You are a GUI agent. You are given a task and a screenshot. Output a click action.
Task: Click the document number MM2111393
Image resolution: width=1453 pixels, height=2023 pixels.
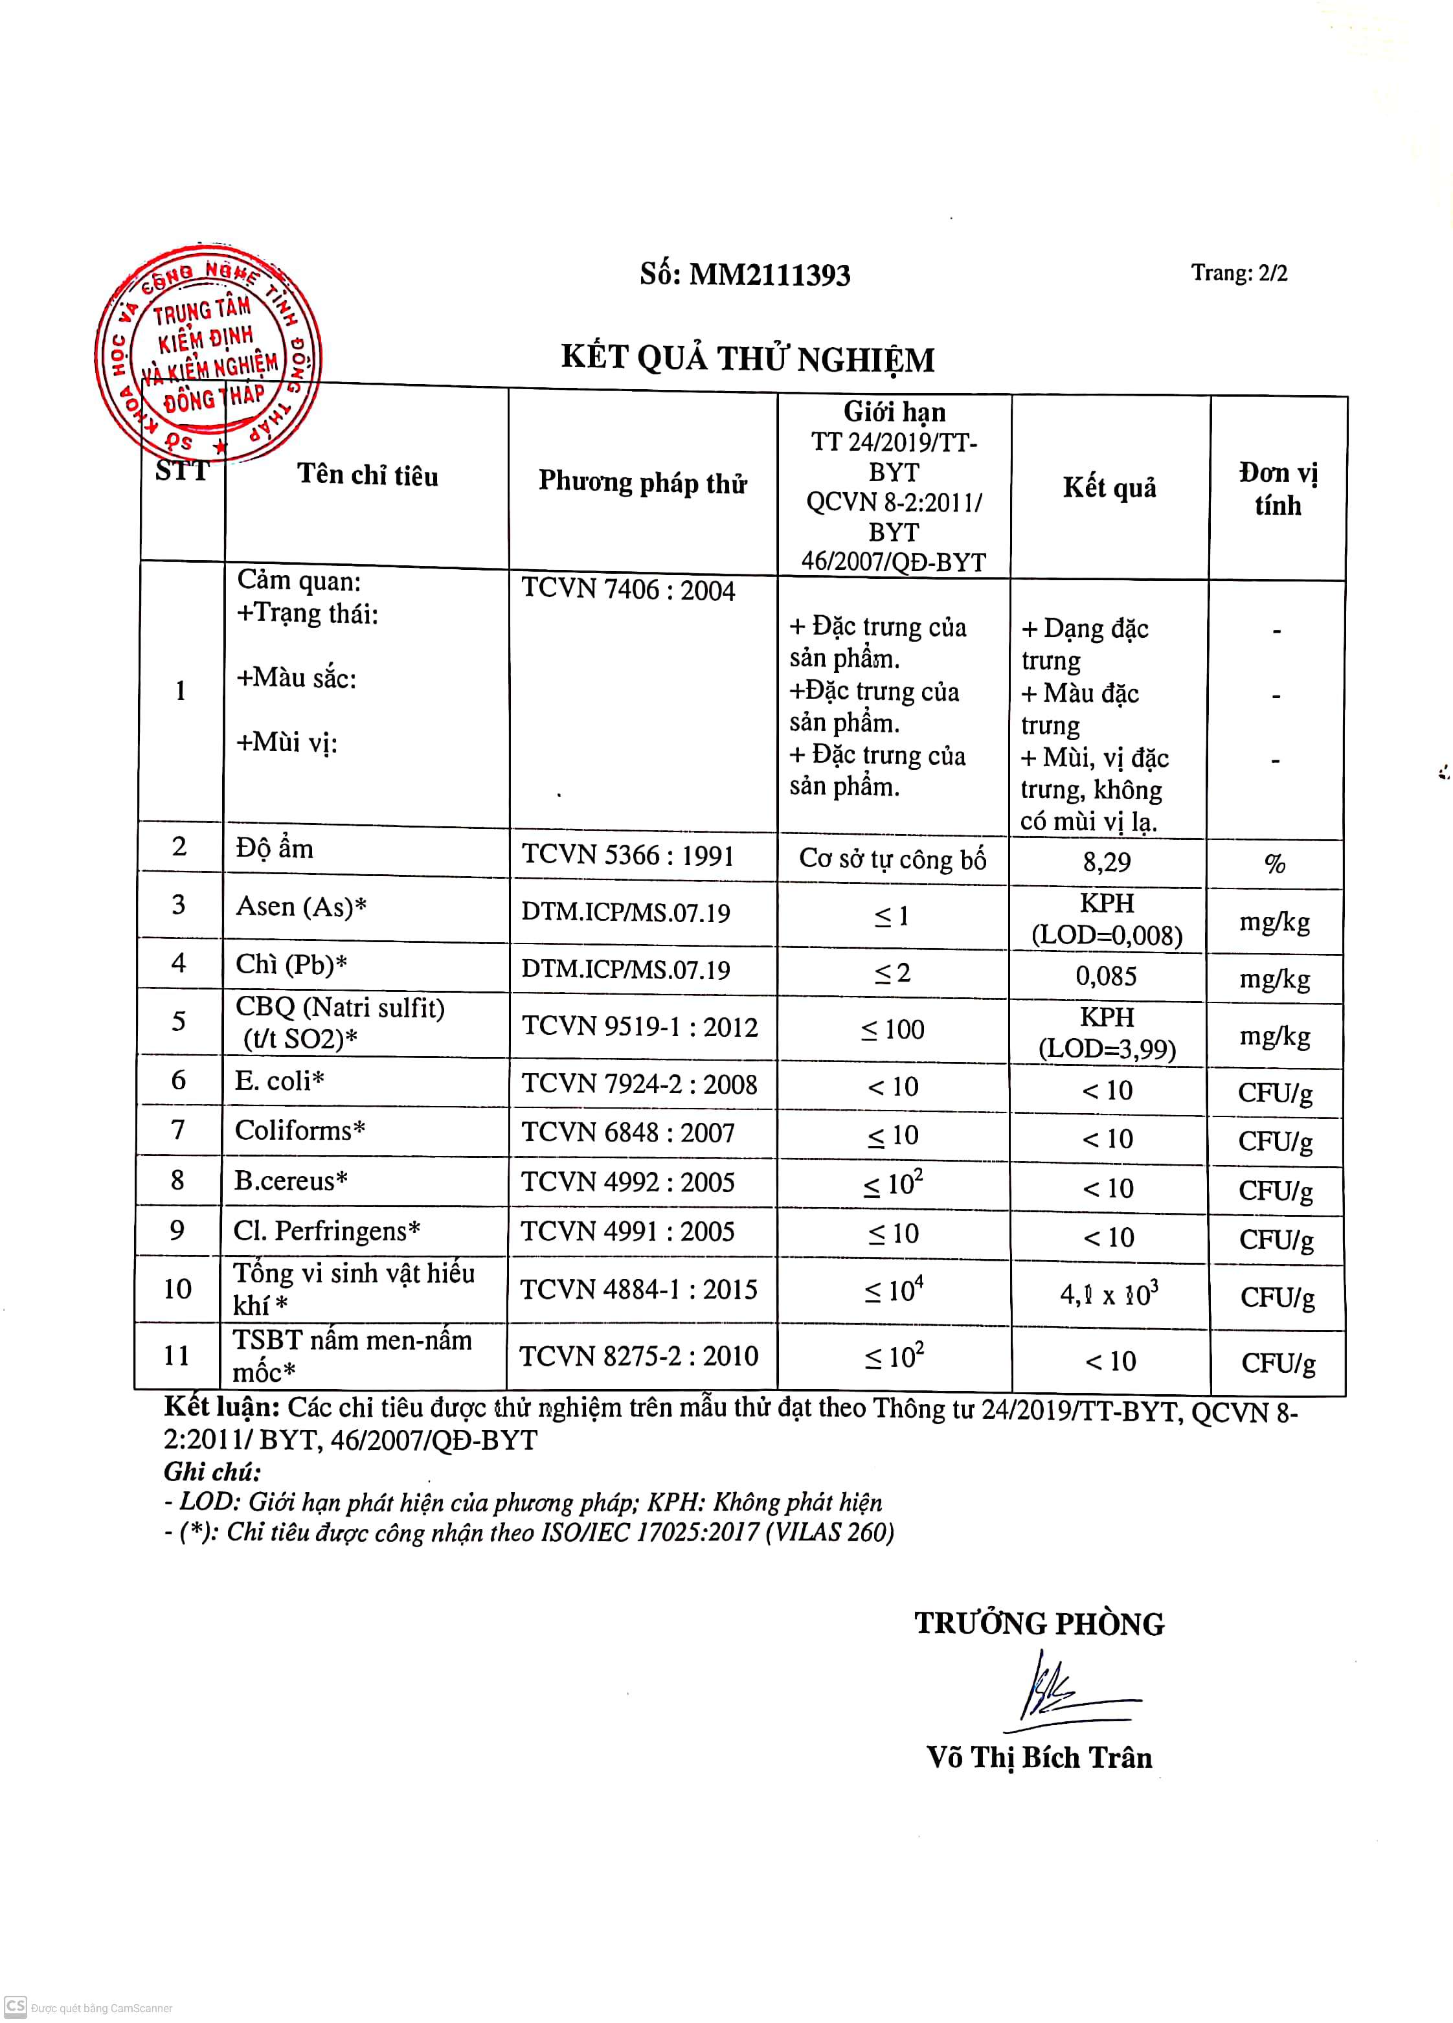pyautogui.click(x=745, y=274)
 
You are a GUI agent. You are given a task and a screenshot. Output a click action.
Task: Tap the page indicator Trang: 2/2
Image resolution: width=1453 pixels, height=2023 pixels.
pyautogui.click(x=1239, y=272)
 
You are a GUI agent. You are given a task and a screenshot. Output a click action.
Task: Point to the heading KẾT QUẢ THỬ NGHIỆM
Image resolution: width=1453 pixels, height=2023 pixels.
pyautogui.click(x=747, y=359)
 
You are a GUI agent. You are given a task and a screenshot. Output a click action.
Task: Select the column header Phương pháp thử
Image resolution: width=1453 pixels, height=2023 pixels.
pyautogui.click(x=642, y=482)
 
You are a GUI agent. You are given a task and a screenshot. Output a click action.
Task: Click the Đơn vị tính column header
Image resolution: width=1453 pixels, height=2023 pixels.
pyautogui.click(x=1278, y=489)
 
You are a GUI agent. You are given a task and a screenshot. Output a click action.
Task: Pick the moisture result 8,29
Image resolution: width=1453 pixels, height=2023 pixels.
pyautogui.click(x=1107, y=862)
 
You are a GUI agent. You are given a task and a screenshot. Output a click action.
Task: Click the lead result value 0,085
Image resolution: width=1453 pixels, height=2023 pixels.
pyautogui.click(x=1106, y=976)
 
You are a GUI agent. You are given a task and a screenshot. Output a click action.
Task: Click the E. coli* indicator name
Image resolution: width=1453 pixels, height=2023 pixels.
pyautogui.click(x=279, y=1081)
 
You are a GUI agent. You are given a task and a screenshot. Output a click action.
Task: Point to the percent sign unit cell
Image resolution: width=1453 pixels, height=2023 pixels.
pyautogui.click(x=1274, y=863)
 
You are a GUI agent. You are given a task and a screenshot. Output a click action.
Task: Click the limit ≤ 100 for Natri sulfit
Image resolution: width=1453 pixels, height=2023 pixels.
pyautogui.click(x=892, y=1030)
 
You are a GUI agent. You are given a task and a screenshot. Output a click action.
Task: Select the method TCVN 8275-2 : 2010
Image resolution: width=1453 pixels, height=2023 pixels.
pyautogui.click(x=638, y=1356)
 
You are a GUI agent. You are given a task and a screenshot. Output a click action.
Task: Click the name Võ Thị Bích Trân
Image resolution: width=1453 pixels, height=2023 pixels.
pyautogui.click(x=1039, y=1757)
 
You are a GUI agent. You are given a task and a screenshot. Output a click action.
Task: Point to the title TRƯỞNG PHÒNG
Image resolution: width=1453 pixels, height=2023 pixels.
pyautogui.click(x=1039, y=1623)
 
